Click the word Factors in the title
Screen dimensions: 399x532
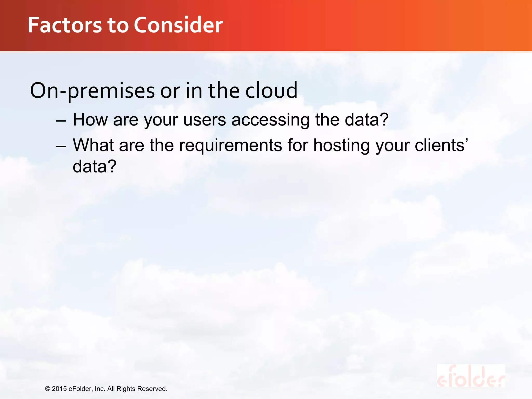point(65,25)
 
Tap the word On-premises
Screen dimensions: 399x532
point(92,91)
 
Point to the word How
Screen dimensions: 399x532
point(90,120)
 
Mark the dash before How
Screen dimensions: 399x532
point(61,121)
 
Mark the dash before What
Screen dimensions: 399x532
point(61,146)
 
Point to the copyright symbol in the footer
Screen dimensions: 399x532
point(48,389)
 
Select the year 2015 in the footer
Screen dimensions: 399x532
point(59,389)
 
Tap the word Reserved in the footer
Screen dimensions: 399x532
point(152,389)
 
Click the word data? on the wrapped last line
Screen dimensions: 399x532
point(94,167)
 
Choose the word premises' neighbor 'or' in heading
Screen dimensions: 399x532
point(170,91)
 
